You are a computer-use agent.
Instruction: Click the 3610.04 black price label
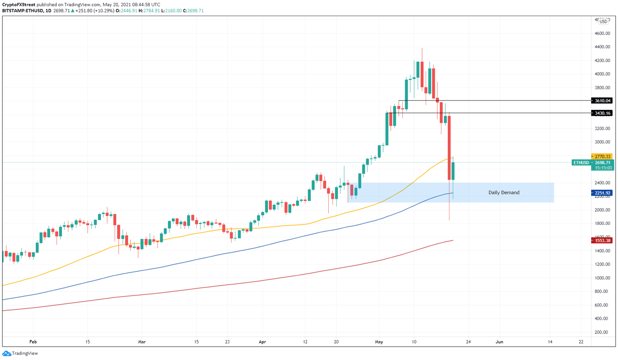[602, 101]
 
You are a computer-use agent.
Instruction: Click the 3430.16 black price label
[602, 113]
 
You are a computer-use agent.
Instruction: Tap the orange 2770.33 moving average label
[602, 156]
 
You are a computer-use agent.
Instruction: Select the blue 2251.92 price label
[602, 193]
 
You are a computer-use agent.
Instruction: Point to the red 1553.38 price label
[602, 241]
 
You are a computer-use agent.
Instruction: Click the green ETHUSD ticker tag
[581, 163]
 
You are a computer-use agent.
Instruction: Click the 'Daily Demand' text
[504, 193]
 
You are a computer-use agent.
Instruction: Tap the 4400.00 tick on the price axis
[602, 47]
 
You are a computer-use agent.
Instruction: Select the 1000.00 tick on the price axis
[602, 278]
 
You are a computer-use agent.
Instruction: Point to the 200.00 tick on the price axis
[602, 332]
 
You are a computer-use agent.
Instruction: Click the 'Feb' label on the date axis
[33, 342]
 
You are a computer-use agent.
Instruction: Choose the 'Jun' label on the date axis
[499, 342]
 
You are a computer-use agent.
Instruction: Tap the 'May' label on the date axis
[379, 342]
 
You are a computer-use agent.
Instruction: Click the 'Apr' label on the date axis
[262, 342]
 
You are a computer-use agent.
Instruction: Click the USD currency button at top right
[603, 22]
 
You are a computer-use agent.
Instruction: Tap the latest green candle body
[453, 171]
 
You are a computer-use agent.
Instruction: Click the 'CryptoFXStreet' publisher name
[19, 5]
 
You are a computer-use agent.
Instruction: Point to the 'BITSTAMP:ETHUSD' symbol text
[23, 11]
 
